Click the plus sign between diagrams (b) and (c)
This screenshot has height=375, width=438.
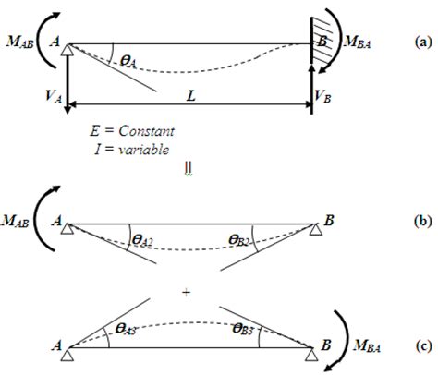187,292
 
